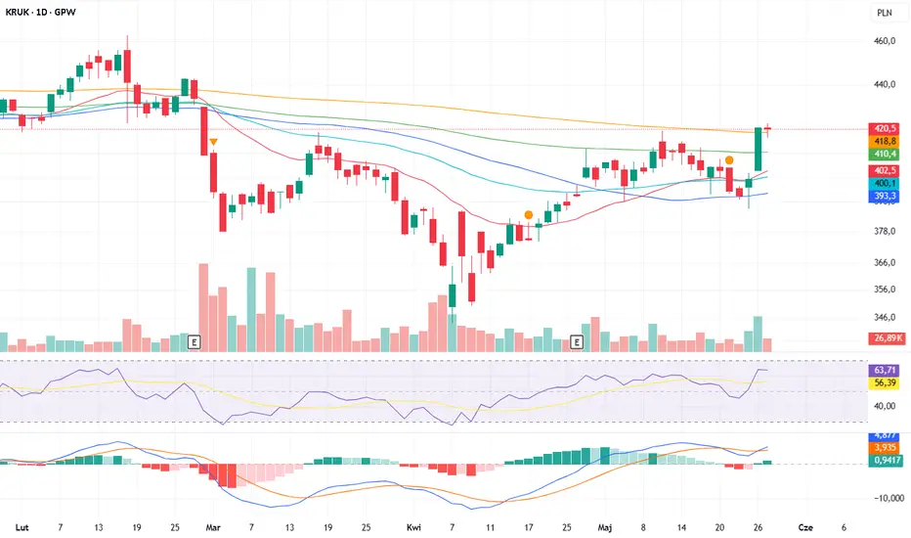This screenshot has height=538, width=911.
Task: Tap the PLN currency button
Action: tap(884, 14)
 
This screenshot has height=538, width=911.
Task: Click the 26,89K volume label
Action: tap(886, 338)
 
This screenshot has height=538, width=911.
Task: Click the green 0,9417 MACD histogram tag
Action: tap(885, 461)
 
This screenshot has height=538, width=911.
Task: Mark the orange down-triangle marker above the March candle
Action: tap(213, 143)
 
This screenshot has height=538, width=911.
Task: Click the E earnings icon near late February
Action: tap(194, 341)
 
